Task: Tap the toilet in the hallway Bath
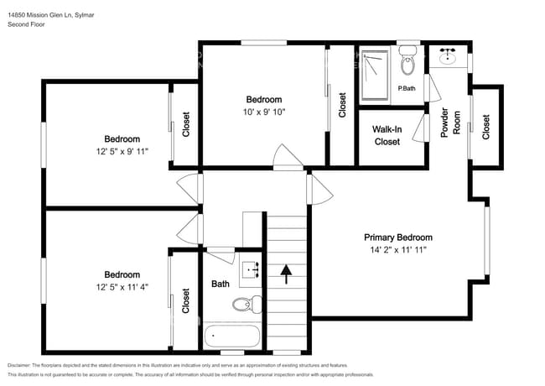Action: click(x=247, y=305)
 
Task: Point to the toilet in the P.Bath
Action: click(x=408, y=62)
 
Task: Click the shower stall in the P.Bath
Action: click(x=374, y=76)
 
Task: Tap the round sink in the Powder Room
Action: click(x=446, y=58)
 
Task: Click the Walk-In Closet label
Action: click(x=387, y=135)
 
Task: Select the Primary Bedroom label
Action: click(x=397, y=237)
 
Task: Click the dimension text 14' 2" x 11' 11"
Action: click(x=397, y=250)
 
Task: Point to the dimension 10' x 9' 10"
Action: click(x=264, y=111)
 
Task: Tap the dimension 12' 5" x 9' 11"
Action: click(x=122, y=151)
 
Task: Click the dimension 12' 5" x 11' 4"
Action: click(x=122, y=287)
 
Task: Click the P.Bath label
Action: click(x=407, y=88)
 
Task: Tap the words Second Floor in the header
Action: click(x=25, y=24)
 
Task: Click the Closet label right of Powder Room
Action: click(x=486, y=126)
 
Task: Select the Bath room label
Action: click(x=221, y=284)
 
